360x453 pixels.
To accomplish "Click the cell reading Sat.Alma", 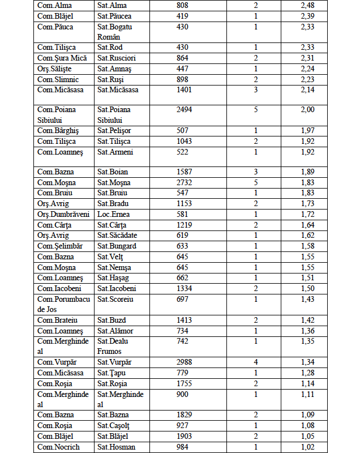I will click(110, 6).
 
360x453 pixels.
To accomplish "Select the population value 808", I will click(185, 6).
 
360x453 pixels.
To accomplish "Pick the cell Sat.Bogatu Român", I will click(117, 32).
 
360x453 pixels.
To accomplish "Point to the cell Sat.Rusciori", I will click(117, 58).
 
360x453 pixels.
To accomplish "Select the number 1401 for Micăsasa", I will click(186, 89).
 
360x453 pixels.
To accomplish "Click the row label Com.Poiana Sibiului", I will click(57, 114).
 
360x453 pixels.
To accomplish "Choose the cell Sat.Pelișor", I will click(114, 131).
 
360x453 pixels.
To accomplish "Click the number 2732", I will click(186, 182).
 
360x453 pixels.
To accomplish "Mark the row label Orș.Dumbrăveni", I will click(63, 215).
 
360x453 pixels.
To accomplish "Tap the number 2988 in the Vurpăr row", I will click(186, 362).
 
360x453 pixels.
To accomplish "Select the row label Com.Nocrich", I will click(59, 447).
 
